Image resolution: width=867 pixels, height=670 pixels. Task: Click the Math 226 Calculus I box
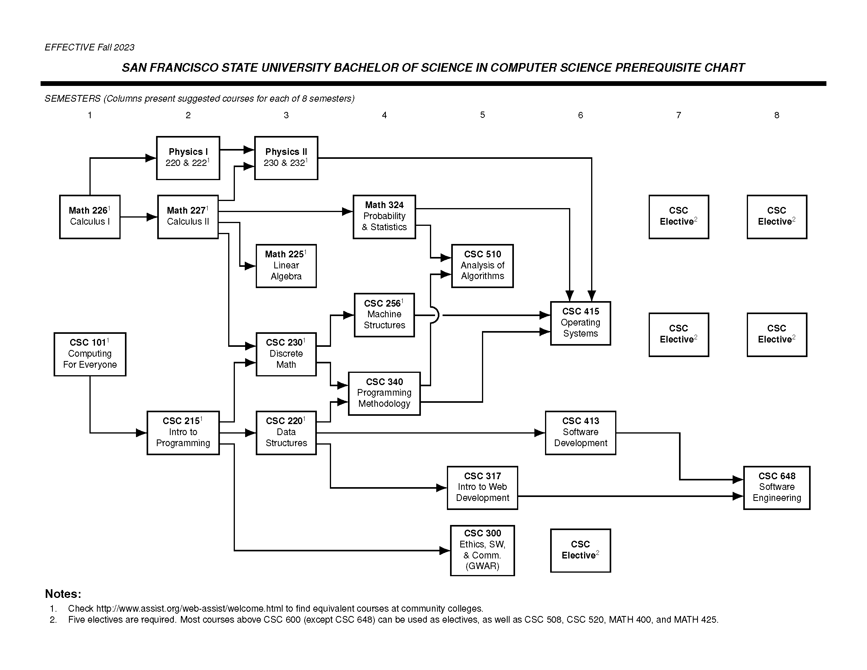click(x=90, y=217)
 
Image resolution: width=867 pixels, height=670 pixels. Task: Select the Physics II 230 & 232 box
click(x=286, y=158)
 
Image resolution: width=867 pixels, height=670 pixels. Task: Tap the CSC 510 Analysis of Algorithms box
click(x=482, y=266)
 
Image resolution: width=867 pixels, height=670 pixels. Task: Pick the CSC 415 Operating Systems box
click(x=580, y=323)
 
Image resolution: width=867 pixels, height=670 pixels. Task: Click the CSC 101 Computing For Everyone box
click(x=90, y=354)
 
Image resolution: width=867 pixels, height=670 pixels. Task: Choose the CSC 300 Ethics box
click(x=482, y=550)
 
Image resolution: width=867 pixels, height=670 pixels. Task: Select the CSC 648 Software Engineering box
click(x=776, y=488)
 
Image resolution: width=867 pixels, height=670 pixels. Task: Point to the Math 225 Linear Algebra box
click(x=286, y=266)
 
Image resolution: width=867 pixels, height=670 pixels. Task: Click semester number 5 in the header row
click(x=482, y=115)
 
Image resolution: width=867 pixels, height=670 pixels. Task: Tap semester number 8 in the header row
click(x=776, y=115)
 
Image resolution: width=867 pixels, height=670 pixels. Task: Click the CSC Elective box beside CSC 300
click(x=580, y=550)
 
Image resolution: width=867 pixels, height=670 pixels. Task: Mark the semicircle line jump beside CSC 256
click(x=435, y=315)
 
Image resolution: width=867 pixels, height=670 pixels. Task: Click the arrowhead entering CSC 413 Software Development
click(x=540, y=433)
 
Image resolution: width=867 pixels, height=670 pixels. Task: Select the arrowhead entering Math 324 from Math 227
click(x=347, y=212)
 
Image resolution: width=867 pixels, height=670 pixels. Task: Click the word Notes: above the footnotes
click(x=63, y=594)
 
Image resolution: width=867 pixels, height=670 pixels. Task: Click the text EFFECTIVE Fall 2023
click(x=89, y=47)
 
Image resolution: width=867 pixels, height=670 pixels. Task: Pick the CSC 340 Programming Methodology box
click(x=384, y=393)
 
